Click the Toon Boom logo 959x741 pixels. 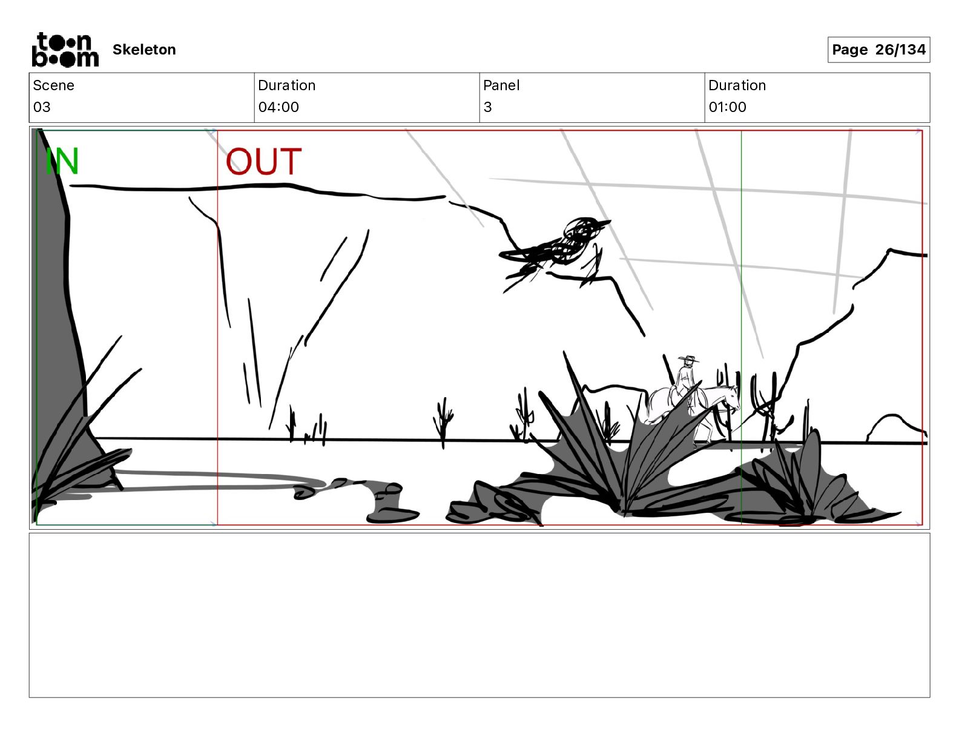point(65,50)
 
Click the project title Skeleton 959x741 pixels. point(144,50)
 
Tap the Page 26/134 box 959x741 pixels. point(878,50)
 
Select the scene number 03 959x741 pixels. point(42,107)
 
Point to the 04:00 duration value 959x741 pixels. point(278,107)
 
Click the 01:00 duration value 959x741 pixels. point(727,107)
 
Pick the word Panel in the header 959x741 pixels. point(501,85)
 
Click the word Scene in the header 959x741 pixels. point(53,85)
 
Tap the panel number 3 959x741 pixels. point(487,107)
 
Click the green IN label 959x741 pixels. point(62,162)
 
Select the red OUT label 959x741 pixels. point(263,162)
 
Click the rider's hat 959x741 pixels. point(687,360)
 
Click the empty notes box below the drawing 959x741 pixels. point(479,614)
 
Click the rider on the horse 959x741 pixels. point(684,381)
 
